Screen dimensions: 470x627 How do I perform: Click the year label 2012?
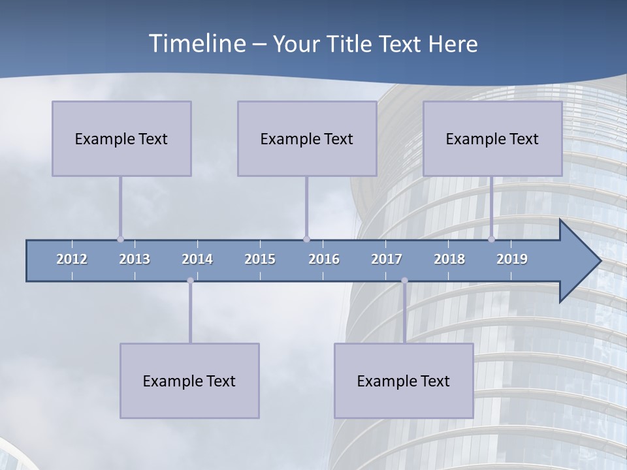click(x=72, y=259)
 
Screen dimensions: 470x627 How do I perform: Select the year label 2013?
click(x=135, y=259)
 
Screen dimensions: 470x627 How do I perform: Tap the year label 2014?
click(x=197, y=259)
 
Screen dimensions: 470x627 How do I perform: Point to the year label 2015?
click(x=260, y=259)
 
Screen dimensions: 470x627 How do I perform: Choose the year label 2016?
click(x=324, y=259)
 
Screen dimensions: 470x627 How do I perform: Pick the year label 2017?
click(x=387, y=259)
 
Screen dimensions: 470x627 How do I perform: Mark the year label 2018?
click(x=449, y=259)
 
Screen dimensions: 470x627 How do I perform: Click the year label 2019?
click(x=512, y=259)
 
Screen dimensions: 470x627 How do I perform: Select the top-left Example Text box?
click(x=121, y=138)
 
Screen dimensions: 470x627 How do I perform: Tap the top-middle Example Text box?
click(x=307, y=138)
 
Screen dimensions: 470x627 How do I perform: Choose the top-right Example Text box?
click(x=492, y=138)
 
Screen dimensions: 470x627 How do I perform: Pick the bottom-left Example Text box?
click(x=189, y=381)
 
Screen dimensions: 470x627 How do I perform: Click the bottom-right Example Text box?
click(x=404, y=381)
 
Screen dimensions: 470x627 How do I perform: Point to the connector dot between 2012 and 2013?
click(x=120, y=239)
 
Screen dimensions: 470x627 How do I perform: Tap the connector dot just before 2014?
click(x=190, y=281)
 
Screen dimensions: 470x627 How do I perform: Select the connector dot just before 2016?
click(x=306, y=239)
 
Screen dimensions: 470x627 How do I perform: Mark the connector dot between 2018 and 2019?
click(x=491, y=239)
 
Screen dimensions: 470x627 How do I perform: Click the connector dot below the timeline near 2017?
click(x=404, y=281)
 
